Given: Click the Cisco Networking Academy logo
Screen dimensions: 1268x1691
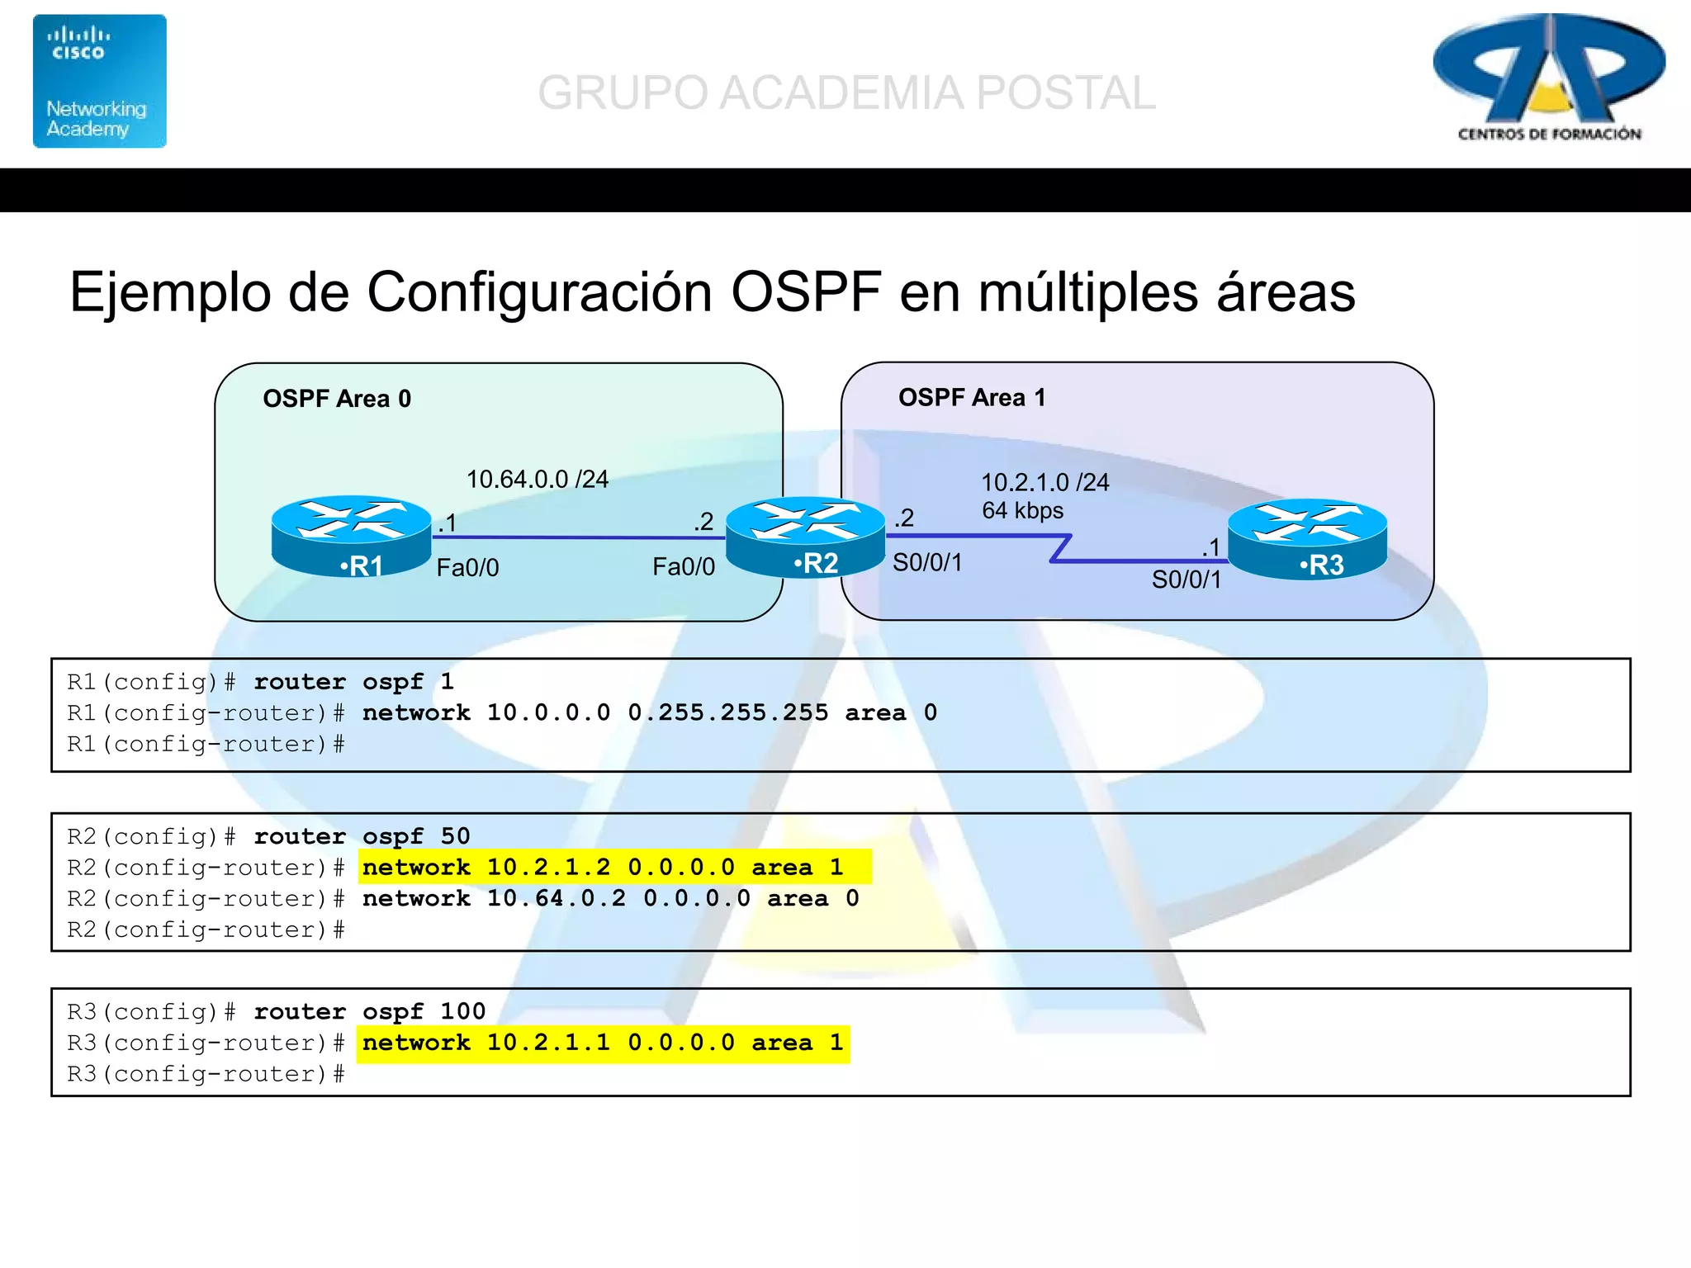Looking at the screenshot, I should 99,81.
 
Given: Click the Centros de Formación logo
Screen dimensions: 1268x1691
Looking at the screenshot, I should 1549,78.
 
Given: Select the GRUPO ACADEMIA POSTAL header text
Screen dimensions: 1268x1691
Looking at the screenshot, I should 846,92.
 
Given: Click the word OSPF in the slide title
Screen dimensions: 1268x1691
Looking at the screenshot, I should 806,292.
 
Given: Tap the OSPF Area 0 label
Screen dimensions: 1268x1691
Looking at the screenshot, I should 337,399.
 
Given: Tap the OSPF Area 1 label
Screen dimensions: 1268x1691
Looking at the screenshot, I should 972,398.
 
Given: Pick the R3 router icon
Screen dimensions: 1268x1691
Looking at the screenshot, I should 1307,538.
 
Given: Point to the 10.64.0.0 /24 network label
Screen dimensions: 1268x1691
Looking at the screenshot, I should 538,479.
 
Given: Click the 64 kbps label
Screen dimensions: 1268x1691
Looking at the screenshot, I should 1022,510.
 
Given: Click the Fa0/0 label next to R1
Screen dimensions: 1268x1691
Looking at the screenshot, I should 467,568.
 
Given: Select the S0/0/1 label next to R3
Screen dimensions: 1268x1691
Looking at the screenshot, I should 1187,580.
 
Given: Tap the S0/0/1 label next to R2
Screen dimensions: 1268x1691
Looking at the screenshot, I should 927,563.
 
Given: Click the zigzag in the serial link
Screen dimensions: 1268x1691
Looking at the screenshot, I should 1060,548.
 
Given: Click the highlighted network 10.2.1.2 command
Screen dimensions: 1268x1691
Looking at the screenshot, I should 615,867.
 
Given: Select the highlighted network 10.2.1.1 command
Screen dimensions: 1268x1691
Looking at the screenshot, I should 604,1043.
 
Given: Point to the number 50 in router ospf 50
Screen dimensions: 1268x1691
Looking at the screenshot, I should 455,835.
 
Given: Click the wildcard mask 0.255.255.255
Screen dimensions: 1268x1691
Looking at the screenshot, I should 728,712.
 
